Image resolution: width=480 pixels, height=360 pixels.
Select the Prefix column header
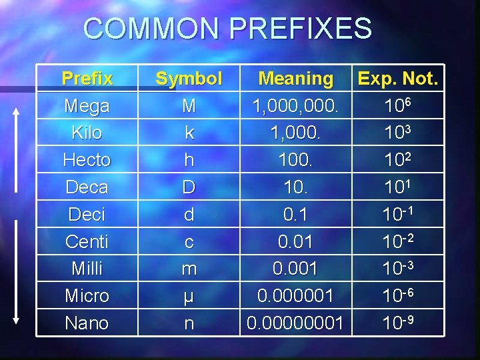pos(87,79)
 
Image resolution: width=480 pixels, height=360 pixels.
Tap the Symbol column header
pos(189,79)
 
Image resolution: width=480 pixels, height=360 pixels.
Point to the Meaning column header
pos(296,79)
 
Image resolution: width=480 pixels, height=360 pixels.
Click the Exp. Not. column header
pos(398,79)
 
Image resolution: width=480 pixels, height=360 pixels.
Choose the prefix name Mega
pos(87,106)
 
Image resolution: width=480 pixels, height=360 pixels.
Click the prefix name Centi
pos(87,241)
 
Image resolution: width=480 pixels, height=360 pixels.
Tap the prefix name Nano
pos(87,323)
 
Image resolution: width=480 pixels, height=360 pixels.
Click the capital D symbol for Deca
pos(189,187)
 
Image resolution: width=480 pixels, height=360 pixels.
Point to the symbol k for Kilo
pos(189,133)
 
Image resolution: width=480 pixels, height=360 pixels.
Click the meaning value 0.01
pos(295,241)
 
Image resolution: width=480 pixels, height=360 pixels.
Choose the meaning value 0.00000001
pos(295,323)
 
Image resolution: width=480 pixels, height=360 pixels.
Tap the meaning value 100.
pos(295,160)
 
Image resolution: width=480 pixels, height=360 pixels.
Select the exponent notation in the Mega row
pos(400,105)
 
